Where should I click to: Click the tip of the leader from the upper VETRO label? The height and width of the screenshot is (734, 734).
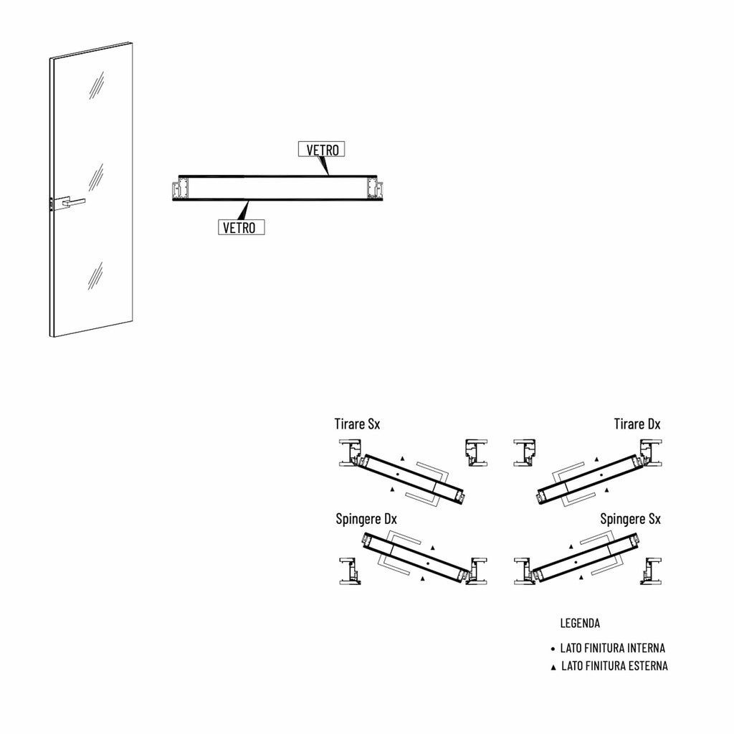pyautogui.click(x=328, y=175)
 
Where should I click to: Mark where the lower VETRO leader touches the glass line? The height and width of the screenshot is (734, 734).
pyautogui.click(x=248, y=201)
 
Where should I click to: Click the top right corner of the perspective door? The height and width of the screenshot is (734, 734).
pyautogui.click(x=132, y=42)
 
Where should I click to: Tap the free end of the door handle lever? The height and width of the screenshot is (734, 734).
pyautogui.click(x=85, y=201)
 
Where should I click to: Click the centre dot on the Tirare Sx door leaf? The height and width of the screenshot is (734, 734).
pyautogui.click(x=398, y=475)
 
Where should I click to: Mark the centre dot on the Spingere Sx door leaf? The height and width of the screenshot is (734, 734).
pyautogui.click(x=576, y=561)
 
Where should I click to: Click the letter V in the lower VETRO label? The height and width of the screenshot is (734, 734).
pyautogui.click(x=226, y=228)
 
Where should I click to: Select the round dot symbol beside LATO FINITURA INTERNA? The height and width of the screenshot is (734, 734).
pyautogui.click(x=553, y=649)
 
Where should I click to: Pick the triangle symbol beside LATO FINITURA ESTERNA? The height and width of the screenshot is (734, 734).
pyautogui.click(x=553, y=667)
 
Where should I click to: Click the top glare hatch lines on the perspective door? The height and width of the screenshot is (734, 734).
pyautogui.click(x=97, y=85)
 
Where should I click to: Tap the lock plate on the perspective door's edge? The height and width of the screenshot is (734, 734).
pyautogui.click(x=51, y=204)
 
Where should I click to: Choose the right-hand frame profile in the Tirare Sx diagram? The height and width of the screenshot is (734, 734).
pyautogui.click(x=476, y=453)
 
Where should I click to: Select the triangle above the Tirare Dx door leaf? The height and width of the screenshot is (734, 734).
pyautogui.click(x=596, y=459)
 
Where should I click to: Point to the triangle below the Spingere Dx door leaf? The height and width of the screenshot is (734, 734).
pyautogui.click(x=423, y=578)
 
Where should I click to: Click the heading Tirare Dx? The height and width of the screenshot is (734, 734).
pyautogui.click(x=637, y=424)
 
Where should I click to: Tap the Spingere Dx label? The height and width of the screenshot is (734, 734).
pyautogui.click(x=366, y=519)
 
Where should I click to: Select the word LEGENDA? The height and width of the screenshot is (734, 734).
pyautogui.click(x=580, y=623)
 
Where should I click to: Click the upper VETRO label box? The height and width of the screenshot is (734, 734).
pyautogui.click(x=322, y=149)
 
